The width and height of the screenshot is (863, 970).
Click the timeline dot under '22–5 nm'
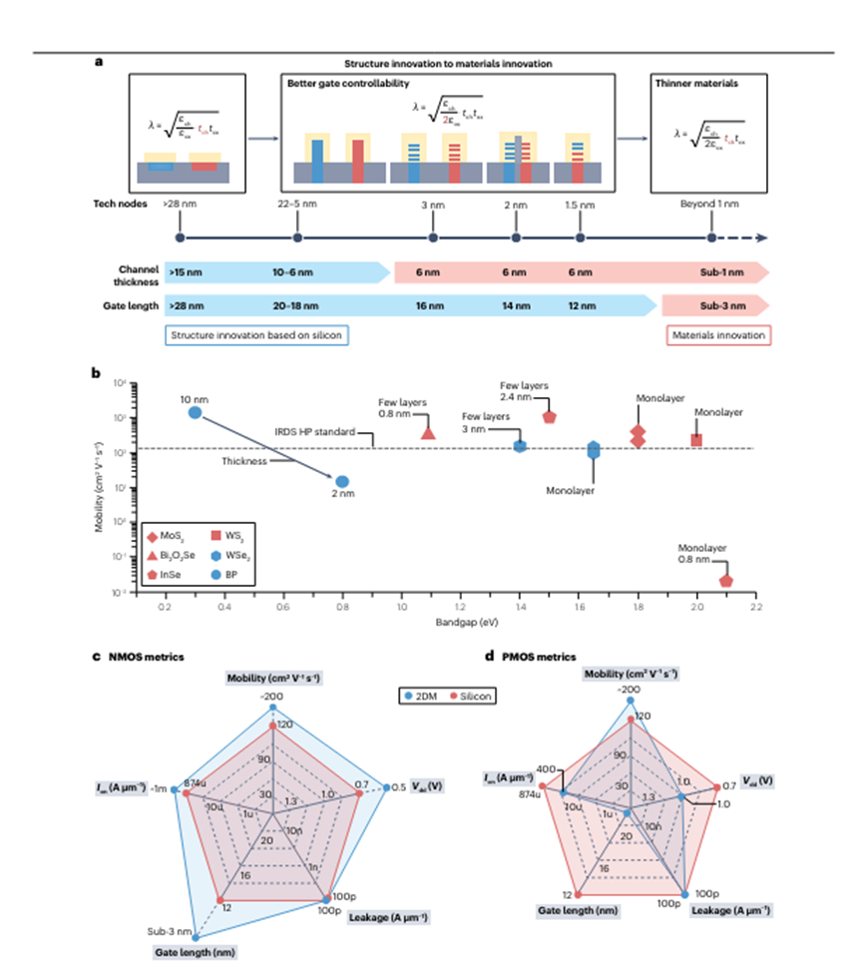[x=296, y=238]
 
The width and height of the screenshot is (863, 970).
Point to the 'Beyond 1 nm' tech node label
[x=709, y=203]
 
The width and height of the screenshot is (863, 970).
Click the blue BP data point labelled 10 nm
[x=196, y=412]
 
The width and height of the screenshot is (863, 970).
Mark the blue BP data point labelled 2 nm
[x=341, y=482]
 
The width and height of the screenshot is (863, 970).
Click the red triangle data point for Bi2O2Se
[x=428, y=433]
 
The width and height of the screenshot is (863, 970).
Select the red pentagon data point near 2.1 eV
[x=725, y=580]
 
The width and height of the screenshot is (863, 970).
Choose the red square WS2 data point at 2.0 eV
[x=696, y=440]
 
